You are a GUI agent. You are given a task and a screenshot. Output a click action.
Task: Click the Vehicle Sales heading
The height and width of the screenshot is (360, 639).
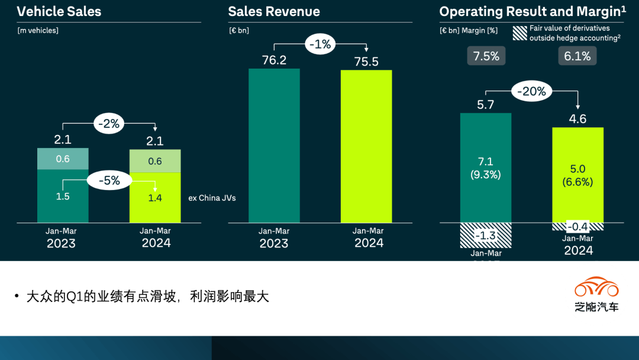pyautogui.click(x=59, y=12)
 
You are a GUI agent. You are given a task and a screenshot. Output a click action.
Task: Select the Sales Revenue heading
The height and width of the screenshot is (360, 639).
pyautogui.click(x=274, y=12)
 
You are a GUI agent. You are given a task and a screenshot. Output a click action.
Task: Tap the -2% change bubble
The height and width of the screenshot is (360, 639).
pyautogui.click(x=109, y=124)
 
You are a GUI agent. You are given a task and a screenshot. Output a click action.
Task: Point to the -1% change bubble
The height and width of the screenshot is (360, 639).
pyautogui.click(x=320, y=44)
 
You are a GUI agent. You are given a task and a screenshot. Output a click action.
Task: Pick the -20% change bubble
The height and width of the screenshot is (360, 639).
pyautogui.click(x=531, y=92)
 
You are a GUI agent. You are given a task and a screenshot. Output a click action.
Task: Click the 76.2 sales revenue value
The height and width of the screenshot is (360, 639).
pyautogui.click(x=274, y=60)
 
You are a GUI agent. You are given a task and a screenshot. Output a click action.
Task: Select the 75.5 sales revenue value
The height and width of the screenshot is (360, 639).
pyautogui.click(x=366, y=62)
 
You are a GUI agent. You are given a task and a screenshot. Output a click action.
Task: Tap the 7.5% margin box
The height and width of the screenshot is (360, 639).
pyautogui.click(x=486, y=56)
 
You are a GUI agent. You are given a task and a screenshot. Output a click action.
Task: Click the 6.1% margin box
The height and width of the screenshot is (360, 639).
pyautogui.click(x=577, y=56)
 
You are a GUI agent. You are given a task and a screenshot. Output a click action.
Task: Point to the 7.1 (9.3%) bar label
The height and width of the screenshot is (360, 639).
pyautogui.click(x=486, y=168)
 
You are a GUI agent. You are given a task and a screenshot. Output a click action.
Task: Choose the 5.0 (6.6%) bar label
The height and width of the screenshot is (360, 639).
pyautogui.click(x=577, y=176)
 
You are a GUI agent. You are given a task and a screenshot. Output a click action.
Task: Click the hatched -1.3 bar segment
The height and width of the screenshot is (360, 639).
pyautogui.click(x=486, y=235)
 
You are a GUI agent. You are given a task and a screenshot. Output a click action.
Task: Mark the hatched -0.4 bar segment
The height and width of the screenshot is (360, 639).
pyautogui.click(x=577, y=227)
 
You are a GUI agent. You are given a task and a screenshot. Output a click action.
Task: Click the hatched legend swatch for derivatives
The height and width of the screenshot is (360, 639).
pyautogui.click(x=519, y=33)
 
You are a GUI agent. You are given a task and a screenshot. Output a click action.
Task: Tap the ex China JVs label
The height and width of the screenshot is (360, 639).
pyautogui.click(x=212, y=198)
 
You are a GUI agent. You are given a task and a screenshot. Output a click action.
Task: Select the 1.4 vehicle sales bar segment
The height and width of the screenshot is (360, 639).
pyautogui.click(x=155, y=198)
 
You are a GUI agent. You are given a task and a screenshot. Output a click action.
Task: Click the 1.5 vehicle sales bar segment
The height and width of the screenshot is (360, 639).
pyautogui.click(x=63, y=196)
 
